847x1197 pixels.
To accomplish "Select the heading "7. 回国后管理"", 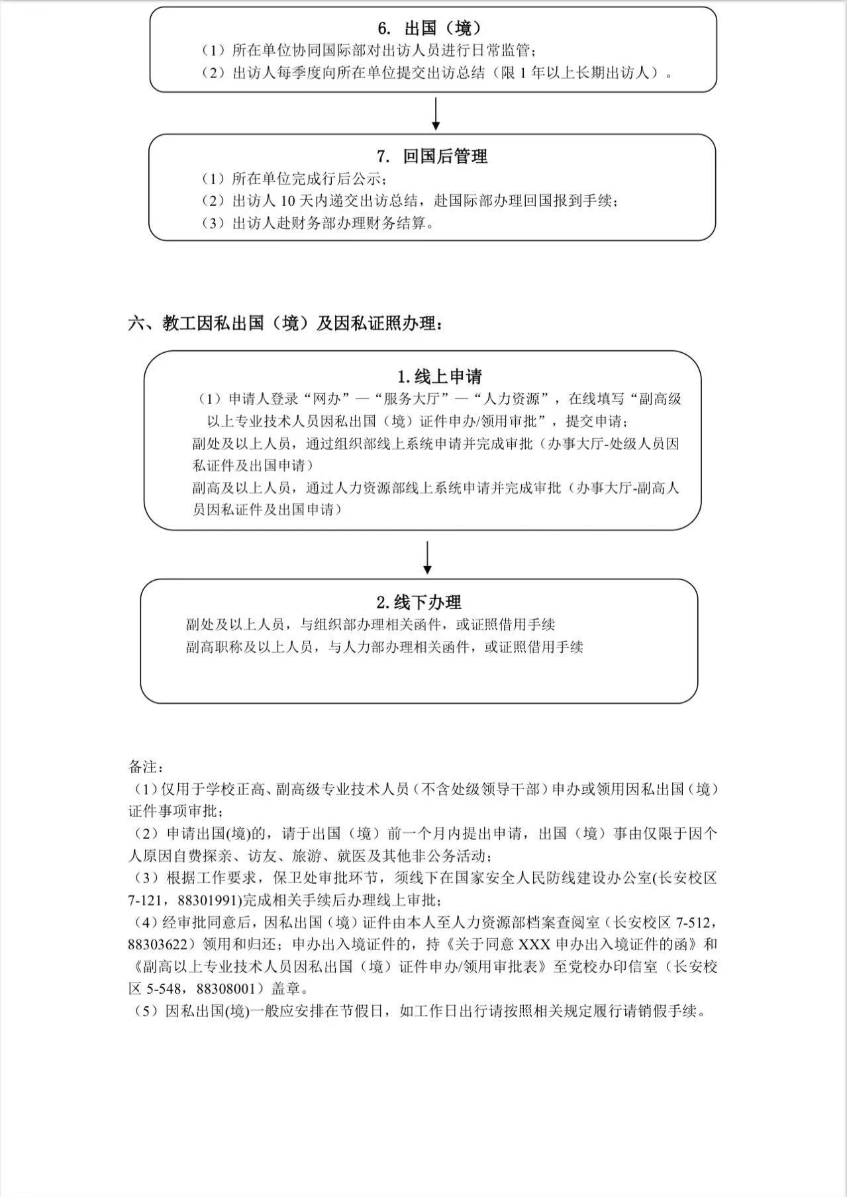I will click(432, 156).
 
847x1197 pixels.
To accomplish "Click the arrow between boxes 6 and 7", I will click(436, 114).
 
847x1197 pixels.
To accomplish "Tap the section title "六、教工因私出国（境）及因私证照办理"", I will click(285, 324).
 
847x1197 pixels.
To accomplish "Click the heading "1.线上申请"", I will click(440, 377).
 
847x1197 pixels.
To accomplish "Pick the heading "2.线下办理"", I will click(419, 602).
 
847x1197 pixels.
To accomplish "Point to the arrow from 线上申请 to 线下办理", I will click(428, 557).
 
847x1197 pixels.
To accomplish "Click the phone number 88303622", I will click(160, 944).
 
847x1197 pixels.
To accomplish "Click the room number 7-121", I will click(148, 900).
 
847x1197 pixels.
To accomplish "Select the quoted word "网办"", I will click(330, 399).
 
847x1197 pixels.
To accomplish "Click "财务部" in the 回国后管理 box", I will click(318, 223).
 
